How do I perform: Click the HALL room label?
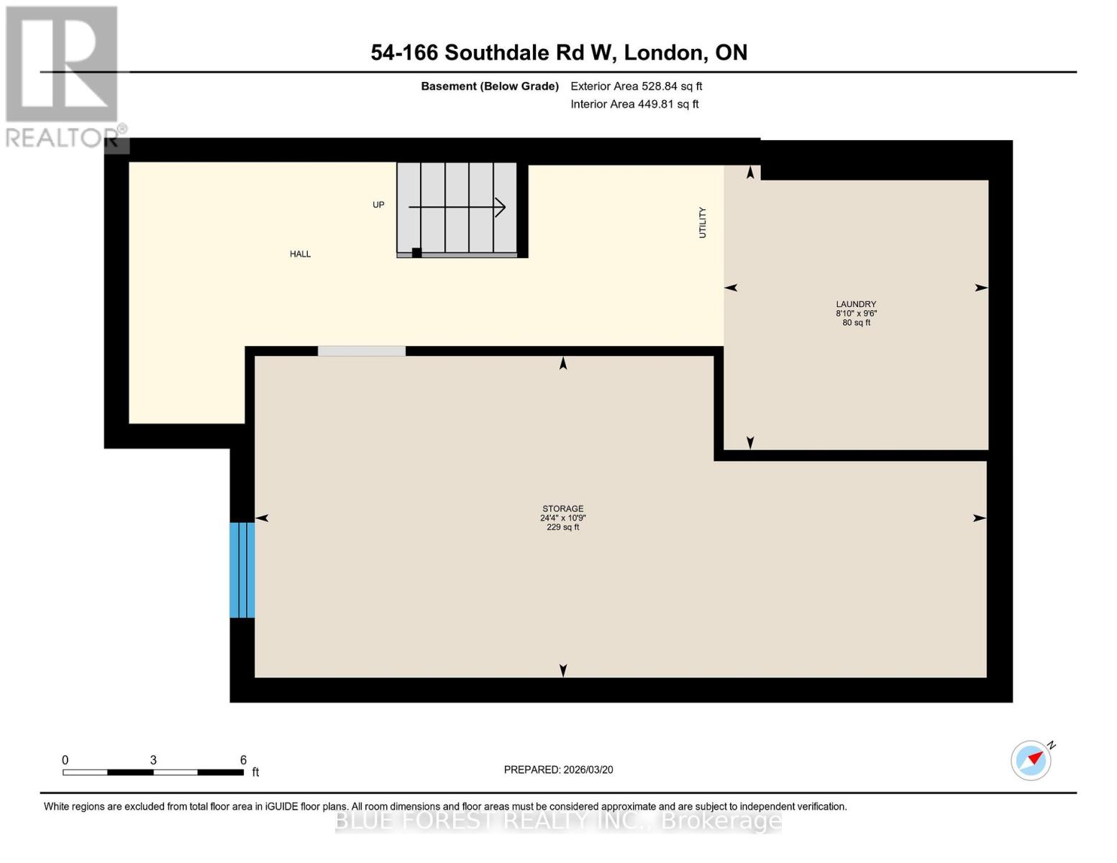[x=300, y=254]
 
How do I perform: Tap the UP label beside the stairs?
[x=378, y=205]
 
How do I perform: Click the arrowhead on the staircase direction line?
[x=501, y=207]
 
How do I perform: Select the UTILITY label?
[x=703, y=222]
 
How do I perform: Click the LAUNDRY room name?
[x=856, y=304]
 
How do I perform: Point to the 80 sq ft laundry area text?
[x=856, y=323]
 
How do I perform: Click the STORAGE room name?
[x=562, y=508]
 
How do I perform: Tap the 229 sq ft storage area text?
[x=562, y=527]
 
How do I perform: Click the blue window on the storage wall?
[x=242, y=570]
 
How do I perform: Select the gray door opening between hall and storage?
[x=362, y=351]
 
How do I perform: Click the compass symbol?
[x=1031, y=760]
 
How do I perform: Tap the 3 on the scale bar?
[x=153, y=760]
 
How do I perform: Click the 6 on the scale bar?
[x=243, y=760]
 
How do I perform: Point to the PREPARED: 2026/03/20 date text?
[x=558, y=770]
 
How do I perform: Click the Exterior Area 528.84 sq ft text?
[x=636, y=86]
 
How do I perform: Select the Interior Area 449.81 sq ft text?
[x=634, y=104]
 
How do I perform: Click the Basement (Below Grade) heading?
[x=489, y=86]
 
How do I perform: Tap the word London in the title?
[x=664, y=52]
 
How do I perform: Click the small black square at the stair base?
[x=416, y=252]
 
